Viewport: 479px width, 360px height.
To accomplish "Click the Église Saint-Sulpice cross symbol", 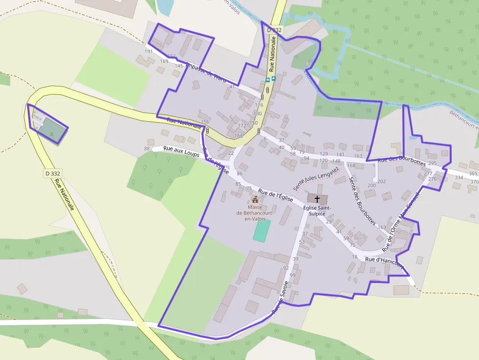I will point(317,199).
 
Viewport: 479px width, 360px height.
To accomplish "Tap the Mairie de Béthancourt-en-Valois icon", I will point(255,199).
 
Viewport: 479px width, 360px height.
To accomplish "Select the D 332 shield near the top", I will point(275,30).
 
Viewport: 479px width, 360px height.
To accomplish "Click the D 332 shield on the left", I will point(52,173).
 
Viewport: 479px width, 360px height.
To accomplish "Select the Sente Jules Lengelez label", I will point(316,178).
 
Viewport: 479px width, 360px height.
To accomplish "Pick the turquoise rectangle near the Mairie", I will point(261,231).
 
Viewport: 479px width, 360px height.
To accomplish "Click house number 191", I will point(149,51).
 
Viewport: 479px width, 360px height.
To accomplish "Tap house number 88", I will point(147,148).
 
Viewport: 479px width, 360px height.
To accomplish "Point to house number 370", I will point(474,181).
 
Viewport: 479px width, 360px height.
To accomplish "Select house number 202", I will point(382,181).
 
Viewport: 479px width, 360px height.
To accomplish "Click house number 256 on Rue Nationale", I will point(204,122).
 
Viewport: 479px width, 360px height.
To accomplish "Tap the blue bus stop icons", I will point(270,79).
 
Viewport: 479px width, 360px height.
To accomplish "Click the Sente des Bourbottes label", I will point(362,201).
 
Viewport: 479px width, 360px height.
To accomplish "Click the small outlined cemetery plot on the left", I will point(47,124).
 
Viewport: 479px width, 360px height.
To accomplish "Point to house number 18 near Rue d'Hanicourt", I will point(355,257).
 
